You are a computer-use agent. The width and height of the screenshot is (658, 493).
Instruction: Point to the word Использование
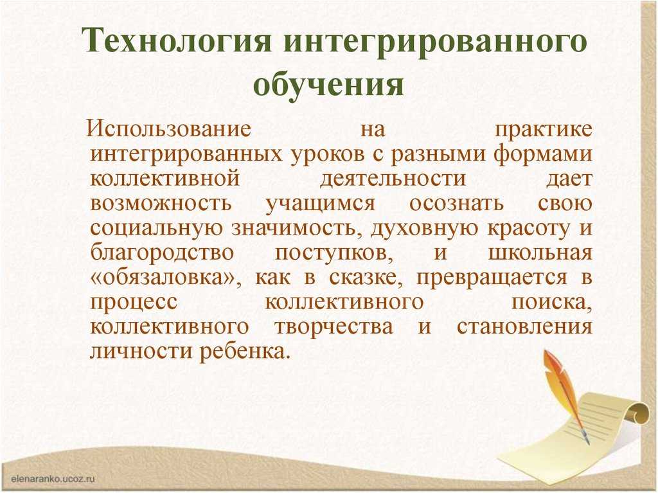[x=169, y=128]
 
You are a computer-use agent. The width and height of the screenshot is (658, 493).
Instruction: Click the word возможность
[x=160, y=203]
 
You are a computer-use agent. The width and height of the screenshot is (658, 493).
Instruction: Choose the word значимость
[x=297, y=228]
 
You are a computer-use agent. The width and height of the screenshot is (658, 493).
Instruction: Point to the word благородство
[x=161, y=253]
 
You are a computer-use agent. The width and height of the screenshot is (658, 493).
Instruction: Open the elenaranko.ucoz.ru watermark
[x=53, y=479]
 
